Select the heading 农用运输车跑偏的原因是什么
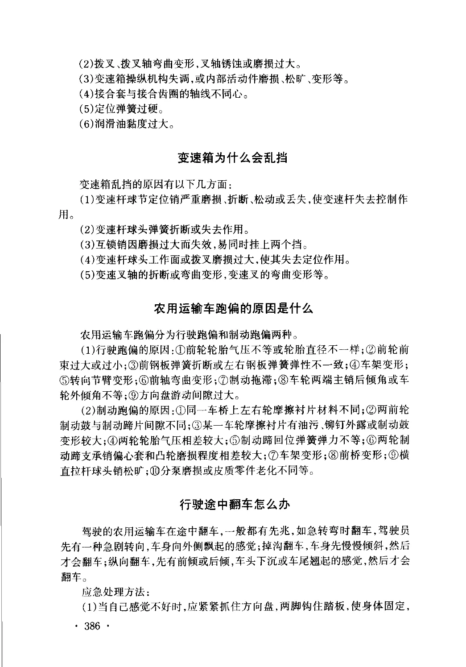[x=233, y=309]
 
